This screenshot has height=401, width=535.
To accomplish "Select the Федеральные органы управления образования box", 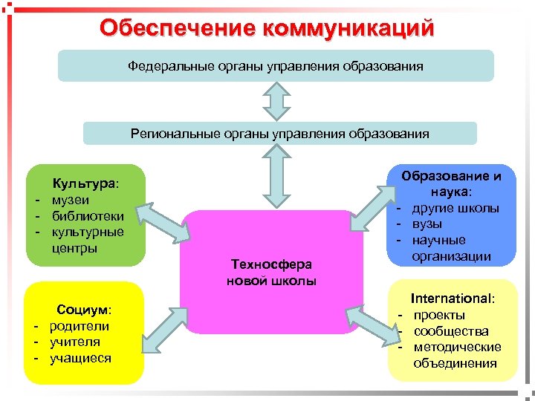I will tap(276, 66).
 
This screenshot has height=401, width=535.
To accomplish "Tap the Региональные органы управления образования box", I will tap(280, 134).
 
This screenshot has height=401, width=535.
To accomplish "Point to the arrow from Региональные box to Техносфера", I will tap(276, 177).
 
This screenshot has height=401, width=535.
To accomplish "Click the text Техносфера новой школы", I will tap(272, 273).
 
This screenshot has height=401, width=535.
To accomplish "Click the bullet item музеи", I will tap(71, 200).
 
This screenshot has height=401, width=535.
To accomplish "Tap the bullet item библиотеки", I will tap(86, 215).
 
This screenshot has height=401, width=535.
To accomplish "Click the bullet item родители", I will tap(80, 326).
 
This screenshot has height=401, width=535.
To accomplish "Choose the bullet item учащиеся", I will tap(81, 358).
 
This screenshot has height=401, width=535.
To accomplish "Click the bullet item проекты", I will tap(440, 315).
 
